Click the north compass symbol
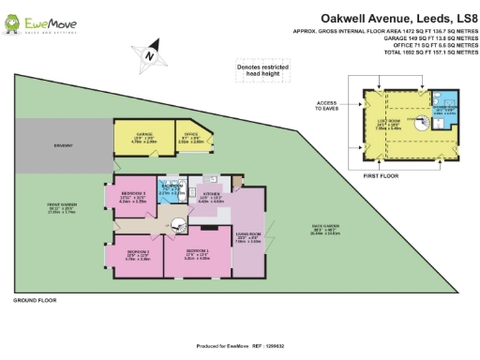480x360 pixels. pyautogui.click(x=148, y=56)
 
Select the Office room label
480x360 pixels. pyautogui.click(x=190, y=136)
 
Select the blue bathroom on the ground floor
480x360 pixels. pyautogui.click(x=171, y=190)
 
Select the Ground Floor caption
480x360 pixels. pyautogui.click(x=35, y=302)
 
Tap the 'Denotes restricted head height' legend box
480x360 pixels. pyautogui.click(x=262, y=69)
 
